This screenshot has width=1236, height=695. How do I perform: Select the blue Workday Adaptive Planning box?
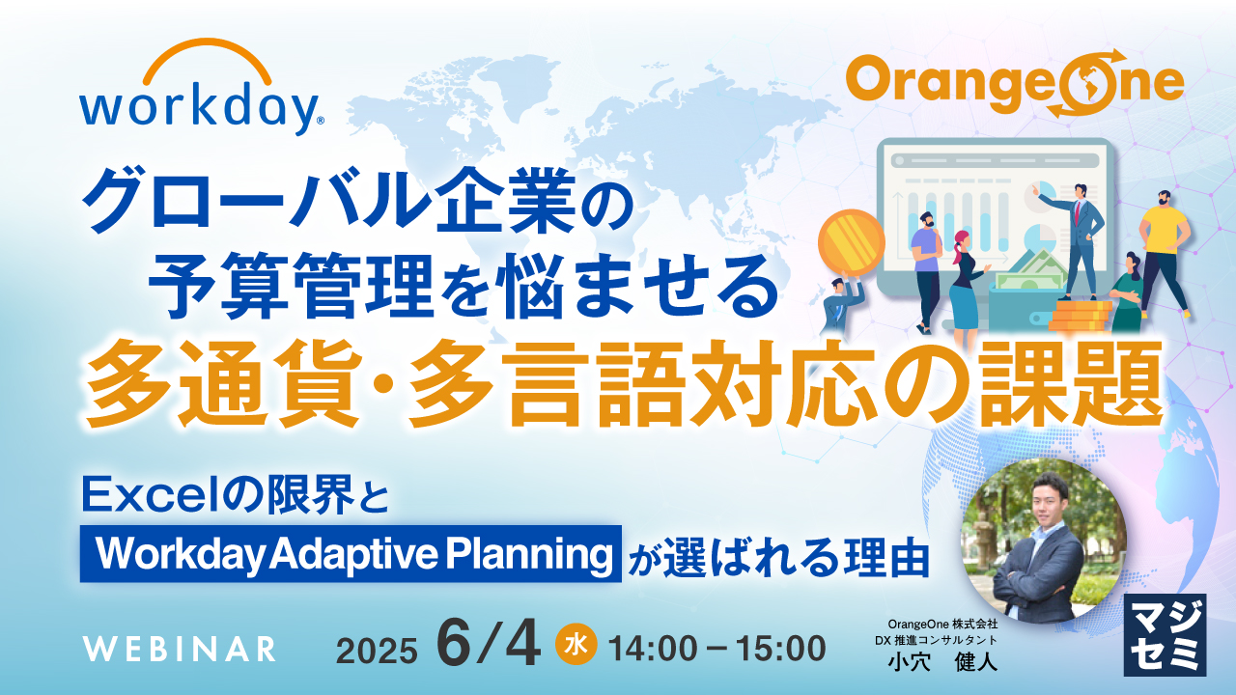[x=350, y=553]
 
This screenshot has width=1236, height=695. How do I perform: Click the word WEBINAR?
[x=179, y=649]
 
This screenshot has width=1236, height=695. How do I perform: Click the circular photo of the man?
[x=1046, y=541]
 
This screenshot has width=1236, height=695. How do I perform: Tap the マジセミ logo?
[x=1166, y=633]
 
